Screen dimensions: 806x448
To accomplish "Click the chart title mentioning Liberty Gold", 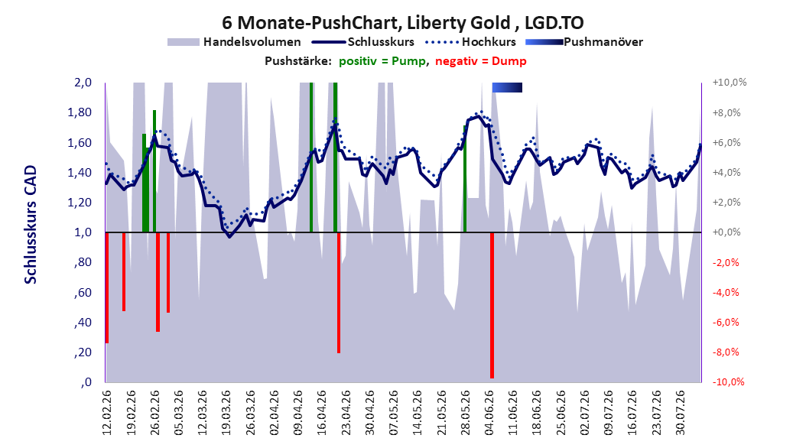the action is [x=402, y=23].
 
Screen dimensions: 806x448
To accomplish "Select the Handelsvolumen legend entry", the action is [x=235, y=42].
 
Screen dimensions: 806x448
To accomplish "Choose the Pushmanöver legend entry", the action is [x=584, y=42].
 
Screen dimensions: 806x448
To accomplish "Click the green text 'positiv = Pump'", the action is [x=382, y=61].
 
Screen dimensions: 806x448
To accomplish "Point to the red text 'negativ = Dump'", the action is [x=481, y=61].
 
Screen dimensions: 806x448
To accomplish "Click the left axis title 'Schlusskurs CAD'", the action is [x=31, y=225].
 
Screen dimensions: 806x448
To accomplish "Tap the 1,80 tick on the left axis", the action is [x=80, y=112].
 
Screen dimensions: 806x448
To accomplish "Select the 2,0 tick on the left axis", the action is [x=82, y=83].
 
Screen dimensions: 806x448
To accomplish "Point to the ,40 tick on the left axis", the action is [x=83, y=323].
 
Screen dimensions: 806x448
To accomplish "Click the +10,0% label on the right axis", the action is [x=729, y=83].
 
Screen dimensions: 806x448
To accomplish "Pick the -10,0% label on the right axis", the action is [x=728, y=381].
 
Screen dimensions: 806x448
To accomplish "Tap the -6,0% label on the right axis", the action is [x=726, y=322].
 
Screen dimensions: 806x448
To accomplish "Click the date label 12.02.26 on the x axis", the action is [x=106, y=413].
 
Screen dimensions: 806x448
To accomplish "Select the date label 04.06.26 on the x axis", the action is [x=489, y=413].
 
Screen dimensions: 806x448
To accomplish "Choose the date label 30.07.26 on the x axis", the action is [x=680, y=413].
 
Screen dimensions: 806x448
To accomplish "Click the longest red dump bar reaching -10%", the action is [x=492, y=305].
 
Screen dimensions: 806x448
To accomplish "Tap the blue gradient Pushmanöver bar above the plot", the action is [x=507, y=87].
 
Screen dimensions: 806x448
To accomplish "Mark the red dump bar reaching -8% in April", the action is [x=339, y=293].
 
